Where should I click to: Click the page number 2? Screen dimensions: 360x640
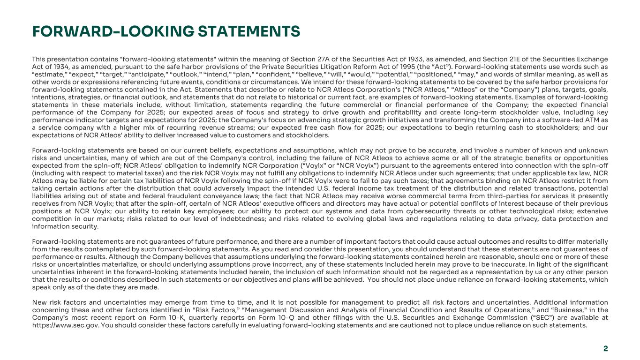point(605,348)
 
